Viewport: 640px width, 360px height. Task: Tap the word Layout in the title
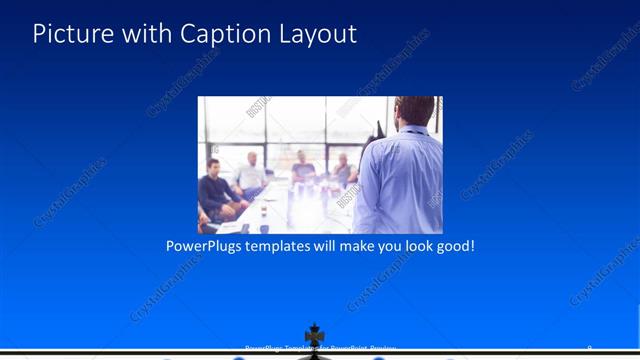pos(312,34)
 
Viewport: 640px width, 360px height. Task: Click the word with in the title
pos(144,34)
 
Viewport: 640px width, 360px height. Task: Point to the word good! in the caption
pos(452,245)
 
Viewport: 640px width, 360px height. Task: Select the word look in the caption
pos(410,245)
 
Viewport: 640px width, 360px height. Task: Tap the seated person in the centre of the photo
pos(302,167)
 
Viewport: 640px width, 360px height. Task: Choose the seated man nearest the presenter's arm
pos(343,170)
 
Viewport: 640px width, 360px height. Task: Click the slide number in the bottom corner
pos(589,348)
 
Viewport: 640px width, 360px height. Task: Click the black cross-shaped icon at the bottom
pos(315,336)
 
